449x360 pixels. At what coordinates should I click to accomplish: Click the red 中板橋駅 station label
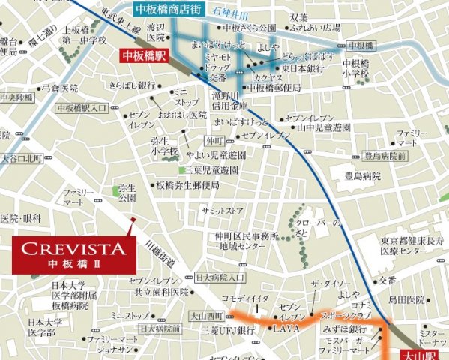145,55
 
